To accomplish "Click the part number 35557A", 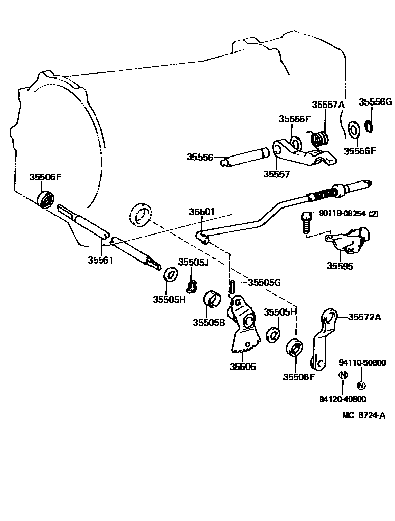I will tap(328, 105).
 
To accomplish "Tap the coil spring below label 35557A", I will tap(320, 138).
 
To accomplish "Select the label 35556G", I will tap(375, 102).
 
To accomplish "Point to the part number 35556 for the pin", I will tap(200, 157).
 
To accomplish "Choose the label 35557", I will tap(276, 174).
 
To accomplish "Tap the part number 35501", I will tap(202, 211).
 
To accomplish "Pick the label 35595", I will tap(341, 266).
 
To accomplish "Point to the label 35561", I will tap(101, 259).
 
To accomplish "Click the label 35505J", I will tap(193, 262).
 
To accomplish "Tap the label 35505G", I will tap(264, 282).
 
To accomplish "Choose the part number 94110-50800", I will tap(362, 362).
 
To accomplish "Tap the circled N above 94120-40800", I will tap(343, 375).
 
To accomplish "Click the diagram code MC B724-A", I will tap(363, 415).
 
